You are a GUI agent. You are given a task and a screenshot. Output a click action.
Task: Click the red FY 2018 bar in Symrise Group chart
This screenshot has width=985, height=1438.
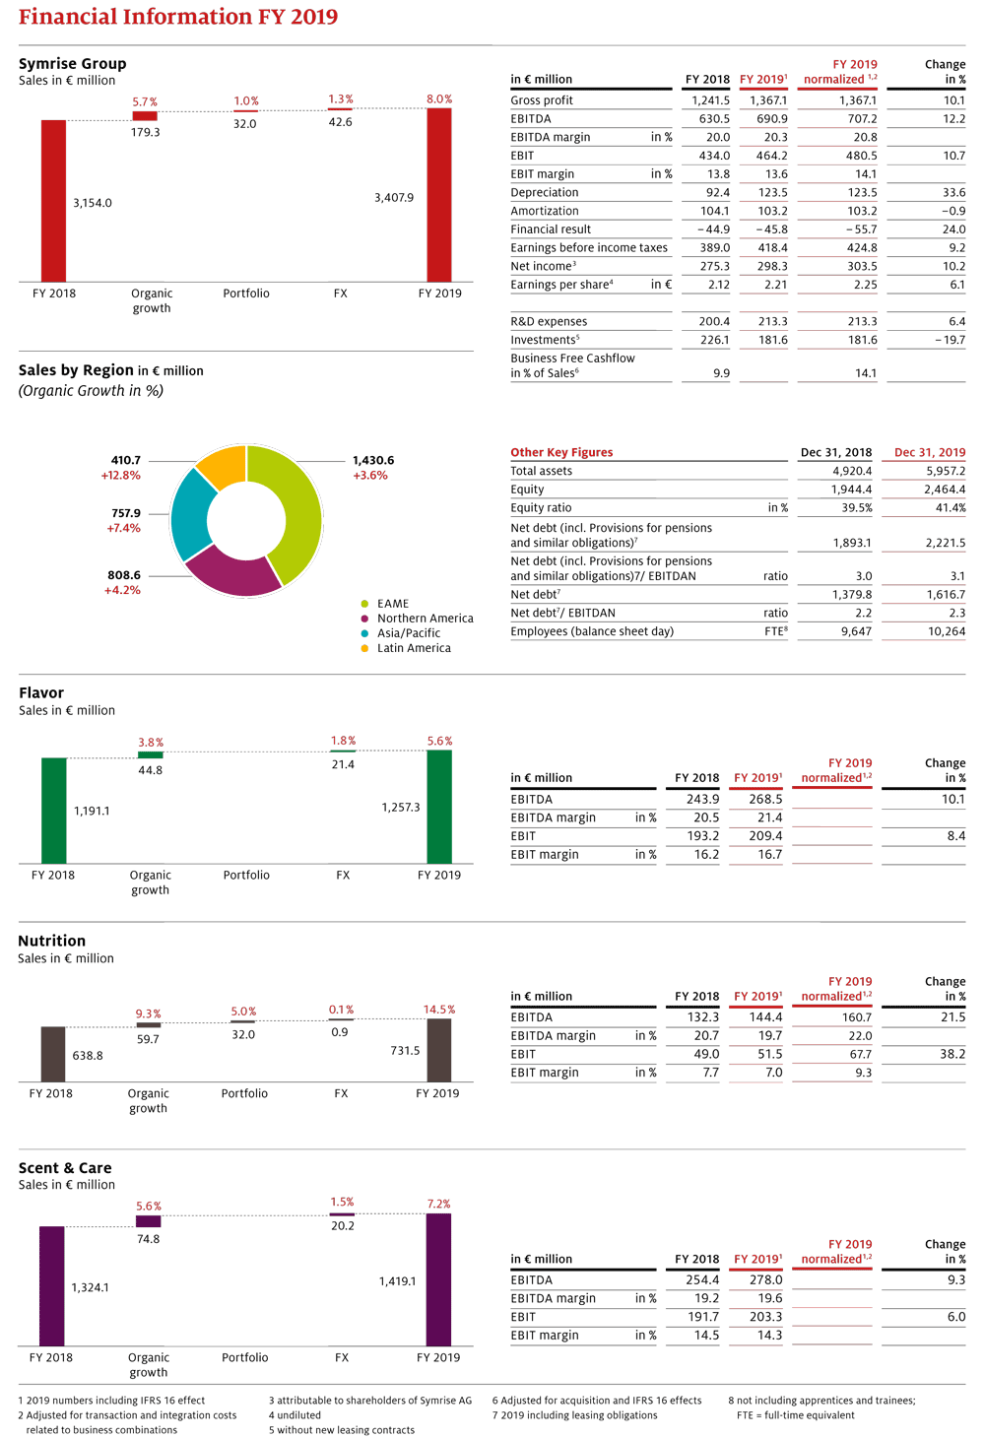point(54,200)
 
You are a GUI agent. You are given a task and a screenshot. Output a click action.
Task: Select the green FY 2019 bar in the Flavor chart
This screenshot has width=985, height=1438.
point(439,807)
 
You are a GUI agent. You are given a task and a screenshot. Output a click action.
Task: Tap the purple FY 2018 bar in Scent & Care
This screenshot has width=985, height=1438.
point(52,1286)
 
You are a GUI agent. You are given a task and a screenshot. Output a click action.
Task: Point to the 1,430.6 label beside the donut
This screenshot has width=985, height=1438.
point(373,460)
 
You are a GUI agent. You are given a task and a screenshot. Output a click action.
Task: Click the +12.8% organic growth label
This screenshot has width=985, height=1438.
point(121,476)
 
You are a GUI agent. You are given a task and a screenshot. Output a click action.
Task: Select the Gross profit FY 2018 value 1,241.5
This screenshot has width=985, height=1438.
point(710,100)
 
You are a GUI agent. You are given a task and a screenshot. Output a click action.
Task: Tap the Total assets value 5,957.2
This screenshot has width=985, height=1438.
point(946,471)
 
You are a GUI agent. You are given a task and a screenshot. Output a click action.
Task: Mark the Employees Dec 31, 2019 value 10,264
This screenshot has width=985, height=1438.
point(947,631)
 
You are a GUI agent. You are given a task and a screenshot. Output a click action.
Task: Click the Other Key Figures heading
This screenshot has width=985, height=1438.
point(561,453)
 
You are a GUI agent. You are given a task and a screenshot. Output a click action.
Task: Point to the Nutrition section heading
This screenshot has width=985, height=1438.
point(52,941)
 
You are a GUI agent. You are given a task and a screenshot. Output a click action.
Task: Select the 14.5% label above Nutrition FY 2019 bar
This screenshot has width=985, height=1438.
point(439,1010)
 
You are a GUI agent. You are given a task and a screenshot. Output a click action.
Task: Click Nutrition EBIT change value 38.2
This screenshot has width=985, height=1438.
point(952,1054)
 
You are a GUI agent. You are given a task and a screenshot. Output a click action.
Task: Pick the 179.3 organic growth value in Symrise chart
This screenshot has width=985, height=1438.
point(146,132)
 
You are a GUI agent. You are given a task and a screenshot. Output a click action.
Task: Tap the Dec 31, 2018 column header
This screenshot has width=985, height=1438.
point(836,453)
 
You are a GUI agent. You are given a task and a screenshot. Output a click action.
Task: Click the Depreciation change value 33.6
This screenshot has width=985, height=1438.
point(953,193)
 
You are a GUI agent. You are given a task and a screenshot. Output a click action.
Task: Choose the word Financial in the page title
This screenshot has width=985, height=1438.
point(68,16)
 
